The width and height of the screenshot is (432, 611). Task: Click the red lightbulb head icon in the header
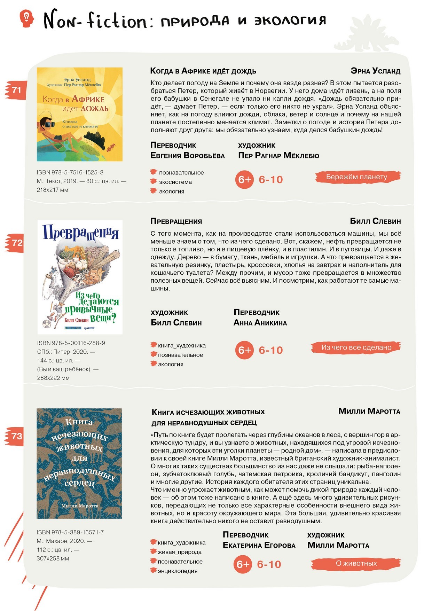click(27, 18)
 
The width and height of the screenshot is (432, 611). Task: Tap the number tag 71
click(16, 90)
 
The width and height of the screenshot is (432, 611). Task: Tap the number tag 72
click(16, 243)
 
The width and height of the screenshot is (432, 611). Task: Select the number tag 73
click(16, 436)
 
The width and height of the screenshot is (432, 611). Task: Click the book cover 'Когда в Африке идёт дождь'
click(80, 114)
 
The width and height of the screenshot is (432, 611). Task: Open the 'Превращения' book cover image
click(80, 277)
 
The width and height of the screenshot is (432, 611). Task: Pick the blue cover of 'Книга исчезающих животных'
click(79, 463)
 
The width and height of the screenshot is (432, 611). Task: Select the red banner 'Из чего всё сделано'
click(356, 347)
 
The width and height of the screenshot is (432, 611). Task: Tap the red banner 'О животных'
click(356, 563)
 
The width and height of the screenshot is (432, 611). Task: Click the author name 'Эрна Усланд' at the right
click(375, 71)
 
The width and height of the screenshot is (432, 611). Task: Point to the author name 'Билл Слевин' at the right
click(375, 221)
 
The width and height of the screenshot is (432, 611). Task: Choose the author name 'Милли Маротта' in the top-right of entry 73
click(369, 411)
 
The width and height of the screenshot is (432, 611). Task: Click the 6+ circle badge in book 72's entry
click(244, 350)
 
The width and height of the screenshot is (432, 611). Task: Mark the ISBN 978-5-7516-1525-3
click(70, 172)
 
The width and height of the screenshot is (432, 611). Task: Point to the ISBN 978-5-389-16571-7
click(70, 532)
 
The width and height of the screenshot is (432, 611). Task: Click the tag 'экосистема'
click(175, 182)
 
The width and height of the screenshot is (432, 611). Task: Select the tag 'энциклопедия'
click(177, 571)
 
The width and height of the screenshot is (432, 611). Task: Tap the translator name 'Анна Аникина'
click(260, 323)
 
